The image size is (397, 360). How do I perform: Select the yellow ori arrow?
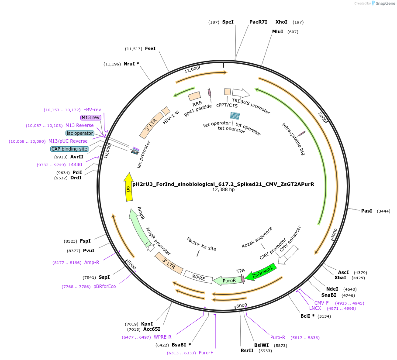(x=128, y=187)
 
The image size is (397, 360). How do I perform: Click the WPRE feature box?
(x=198, y=277)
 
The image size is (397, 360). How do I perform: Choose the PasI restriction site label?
(x=366, y=211)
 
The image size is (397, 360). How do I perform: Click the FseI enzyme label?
(x=150, y=49)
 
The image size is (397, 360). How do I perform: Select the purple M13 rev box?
(x=91, y=117)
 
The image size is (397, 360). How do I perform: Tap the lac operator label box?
(x=80, y=133)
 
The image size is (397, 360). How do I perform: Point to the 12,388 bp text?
(x=223, y=190)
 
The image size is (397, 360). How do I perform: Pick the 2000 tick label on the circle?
(x=323, y=117)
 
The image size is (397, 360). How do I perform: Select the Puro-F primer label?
(x=206, y=353)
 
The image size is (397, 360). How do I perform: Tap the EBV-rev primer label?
(x=92, y=110)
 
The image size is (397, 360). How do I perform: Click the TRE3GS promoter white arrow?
(x=241, y=93)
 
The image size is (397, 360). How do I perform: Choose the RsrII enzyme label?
(x=247, y=350)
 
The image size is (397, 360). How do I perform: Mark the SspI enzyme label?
(x=104, y=277)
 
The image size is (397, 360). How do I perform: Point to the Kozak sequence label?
(x=257, y=237)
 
